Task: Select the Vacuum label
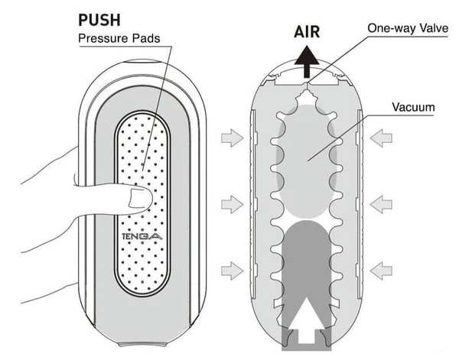pyautogui.click(x=414, y=107)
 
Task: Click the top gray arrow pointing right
pyautogui.click(x=229, y=138)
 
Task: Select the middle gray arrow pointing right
pyautogui.click(x=229, y=204)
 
